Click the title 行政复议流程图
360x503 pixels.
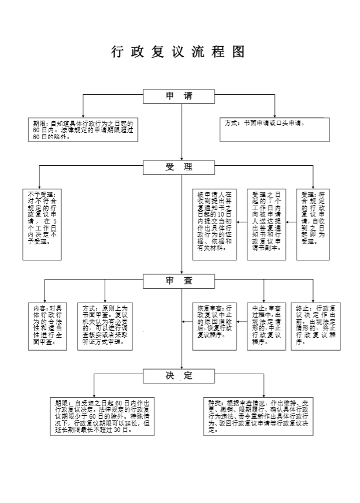(x=179, y=52)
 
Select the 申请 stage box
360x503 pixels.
(x=179, y=96)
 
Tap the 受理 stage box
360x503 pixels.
(x=179, y=167)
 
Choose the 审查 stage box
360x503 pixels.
(x=179, y=281)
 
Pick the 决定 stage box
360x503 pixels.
(x=179, y=376)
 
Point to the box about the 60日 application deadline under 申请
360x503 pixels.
(x=83, y=131)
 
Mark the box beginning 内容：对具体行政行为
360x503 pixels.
(x=47, y=326)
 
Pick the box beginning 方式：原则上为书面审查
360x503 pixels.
(x=107, y=326)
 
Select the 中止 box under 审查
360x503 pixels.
(x=266, y=326)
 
